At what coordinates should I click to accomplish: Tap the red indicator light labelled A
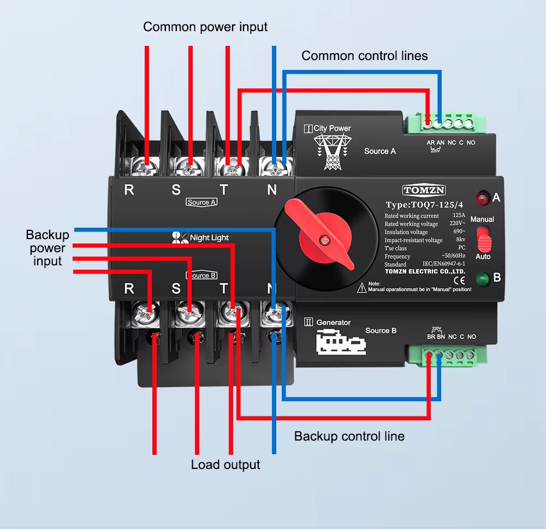coord(482,198)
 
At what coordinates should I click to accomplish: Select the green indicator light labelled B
coord(482,280)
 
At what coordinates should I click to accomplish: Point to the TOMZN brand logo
coord(424,190)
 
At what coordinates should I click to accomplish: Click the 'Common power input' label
coord(205,27)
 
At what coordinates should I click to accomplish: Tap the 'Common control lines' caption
coord(364,56)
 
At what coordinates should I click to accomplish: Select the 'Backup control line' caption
coord(349,436)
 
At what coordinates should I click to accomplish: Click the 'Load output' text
coord(225,465)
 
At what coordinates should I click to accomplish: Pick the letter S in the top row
coord(176,190)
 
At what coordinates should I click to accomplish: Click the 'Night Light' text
coord(209,238)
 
